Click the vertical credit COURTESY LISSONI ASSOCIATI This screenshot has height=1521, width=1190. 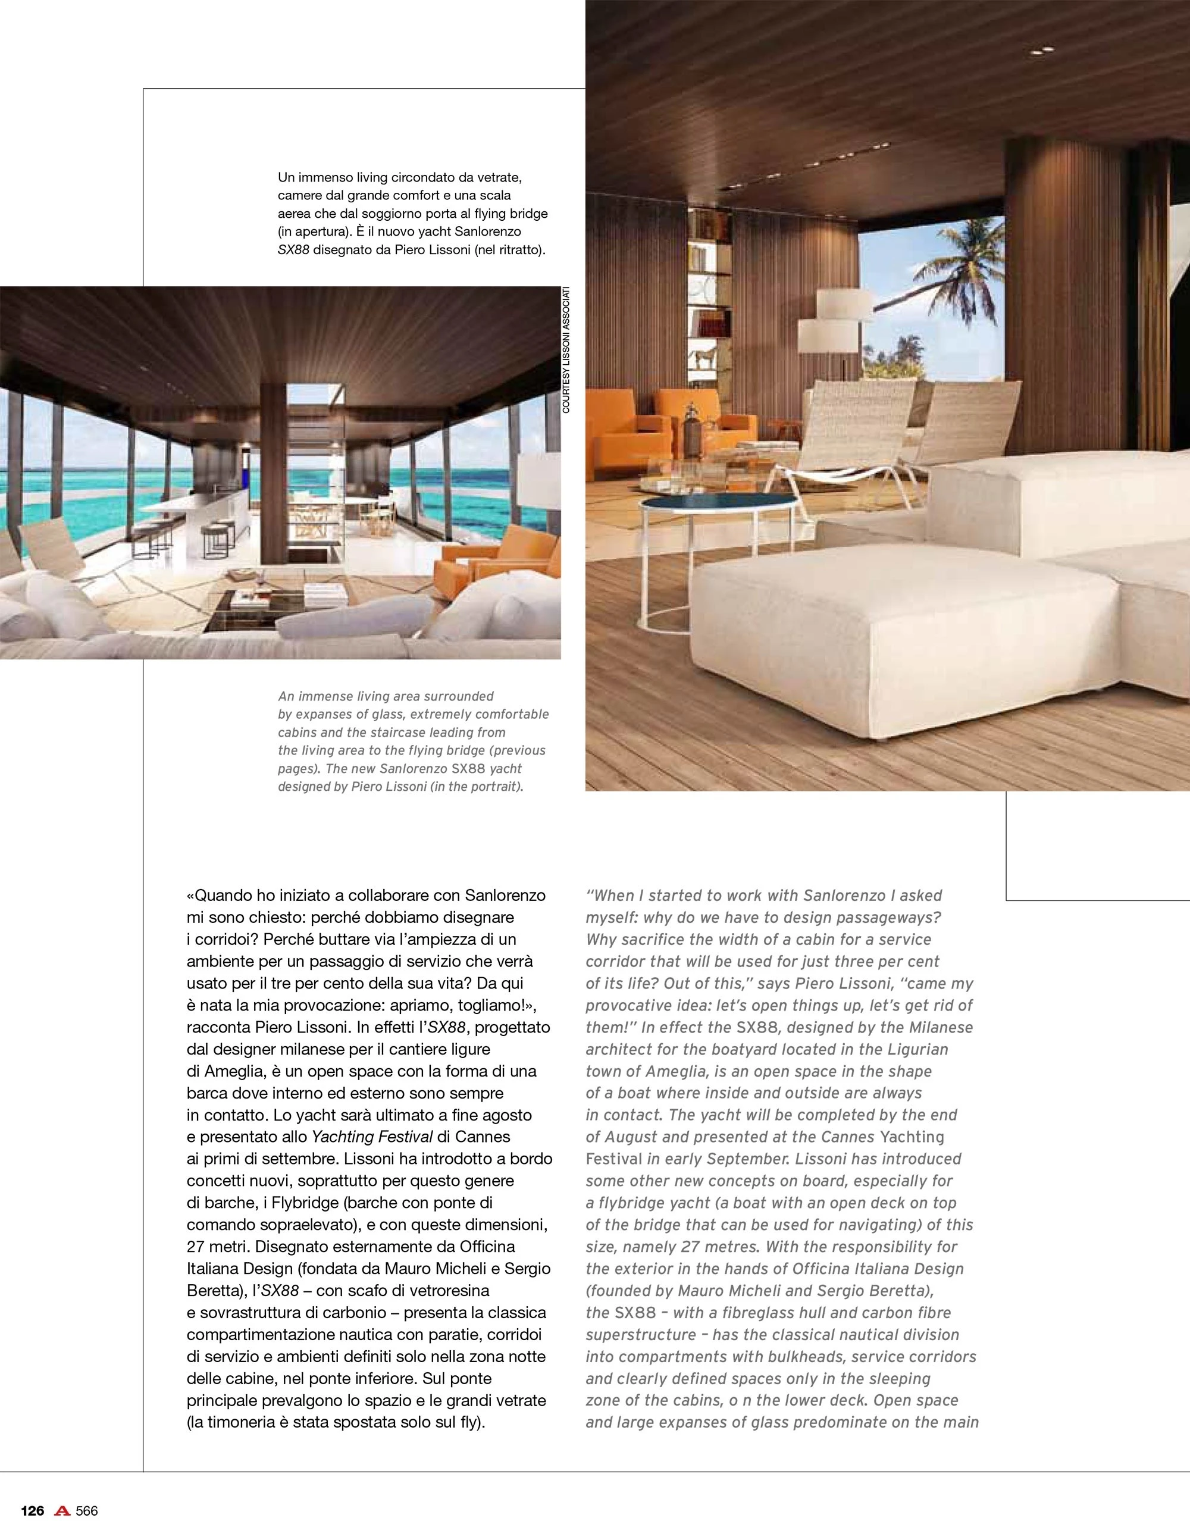(566, 350)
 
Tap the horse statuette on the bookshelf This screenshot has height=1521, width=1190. (706, 359)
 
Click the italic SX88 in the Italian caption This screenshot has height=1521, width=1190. (293, 249)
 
